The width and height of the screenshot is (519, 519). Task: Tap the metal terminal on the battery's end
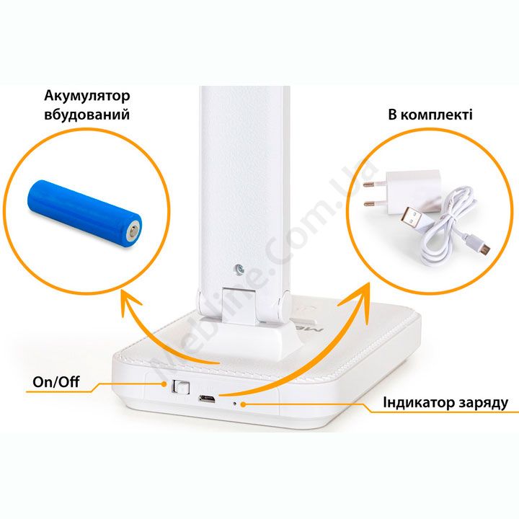[x=133, y=231]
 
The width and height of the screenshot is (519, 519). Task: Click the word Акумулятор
[x=87, y=96]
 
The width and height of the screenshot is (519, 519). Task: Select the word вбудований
[x=86, y=115]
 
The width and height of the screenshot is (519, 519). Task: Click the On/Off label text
[x=56, y=381]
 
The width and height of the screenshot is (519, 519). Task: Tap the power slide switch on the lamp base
[x=180, y=387]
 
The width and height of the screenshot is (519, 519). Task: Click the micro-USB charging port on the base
[x=207, y=399]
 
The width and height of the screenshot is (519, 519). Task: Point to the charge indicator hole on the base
[x=235, y=404]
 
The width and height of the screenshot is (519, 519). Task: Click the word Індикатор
[x=418, y=403]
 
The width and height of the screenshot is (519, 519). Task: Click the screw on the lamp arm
[x=239, y=269]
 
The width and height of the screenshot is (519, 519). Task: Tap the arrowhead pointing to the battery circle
[x=128, y=301]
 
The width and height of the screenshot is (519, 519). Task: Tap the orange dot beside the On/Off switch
[x=164, y=384]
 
